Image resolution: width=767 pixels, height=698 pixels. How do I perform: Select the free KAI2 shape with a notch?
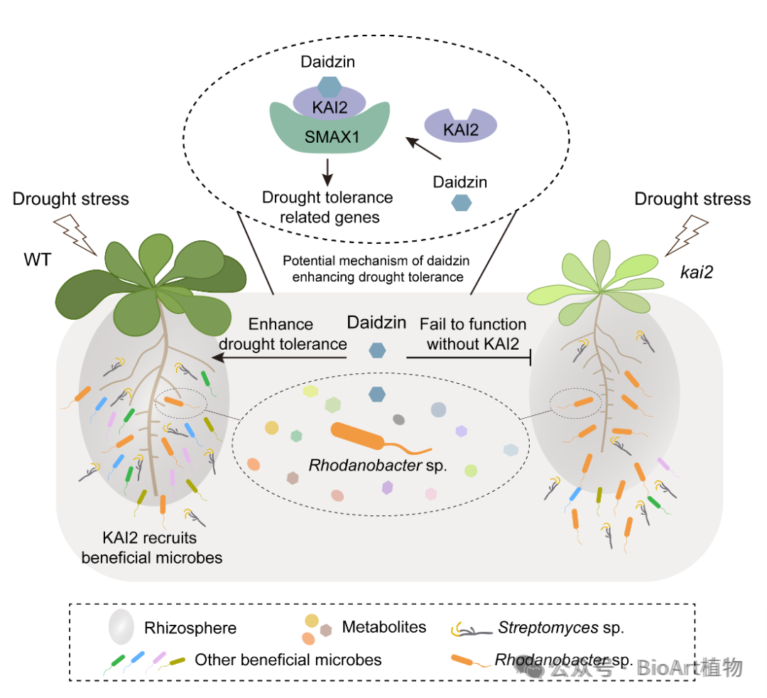pyautogui.click(x=460, y=127)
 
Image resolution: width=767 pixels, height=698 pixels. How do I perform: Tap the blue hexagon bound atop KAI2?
pyautogui.click(x=330, y=87)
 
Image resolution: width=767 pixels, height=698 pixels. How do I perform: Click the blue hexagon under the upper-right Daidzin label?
pyautogui.click(x=462, y=203)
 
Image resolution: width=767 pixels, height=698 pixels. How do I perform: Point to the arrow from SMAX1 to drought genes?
pyautogui.click(x=327, y=172)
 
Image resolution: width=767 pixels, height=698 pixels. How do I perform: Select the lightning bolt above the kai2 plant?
pyautogui.click(x=687, y=236)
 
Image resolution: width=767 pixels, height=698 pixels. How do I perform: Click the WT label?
pyautogui.click(x=37, y=259)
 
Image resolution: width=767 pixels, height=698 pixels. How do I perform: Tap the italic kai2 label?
pyautogui.click(x=697, y=272)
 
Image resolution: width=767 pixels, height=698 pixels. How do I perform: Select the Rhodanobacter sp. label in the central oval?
pyautogui.click(x=378, y=465)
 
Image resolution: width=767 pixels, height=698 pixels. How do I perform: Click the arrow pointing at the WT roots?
pyautogui.click(x=279, y=358)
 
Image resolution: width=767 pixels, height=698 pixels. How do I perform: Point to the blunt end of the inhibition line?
pyautogui.click(x=531, y=358)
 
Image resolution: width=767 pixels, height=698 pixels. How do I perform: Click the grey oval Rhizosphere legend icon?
pyautogui.click(x=121, y=627)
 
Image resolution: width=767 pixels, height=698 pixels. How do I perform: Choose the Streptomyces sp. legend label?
pyautogui.click(x=561, y=628)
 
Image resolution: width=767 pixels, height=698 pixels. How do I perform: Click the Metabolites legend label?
pyautogui.click(x=384, y=627)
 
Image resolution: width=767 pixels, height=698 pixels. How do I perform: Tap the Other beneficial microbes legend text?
pyautogui.click(x=288, y=660)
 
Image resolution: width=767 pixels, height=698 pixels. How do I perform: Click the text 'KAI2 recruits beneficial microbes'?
pyautogui.click(x=152, y=548)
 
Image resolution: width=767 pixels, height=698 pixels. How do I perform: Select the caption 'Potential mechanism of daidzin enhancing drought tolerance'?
pyautogui.click(x=376, y=269)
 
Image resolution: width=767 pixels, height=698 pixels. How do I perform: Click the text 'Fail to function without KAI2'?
pyautogui.click(x=473, y=334)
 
